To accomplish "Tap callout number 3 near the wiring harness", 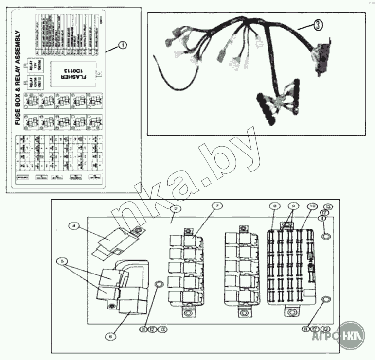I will click(x=317, y=26).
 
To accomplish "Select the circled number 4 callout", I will click(x=74, y=225).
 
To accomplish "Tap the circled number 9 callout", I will click(x=293, y=206).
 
